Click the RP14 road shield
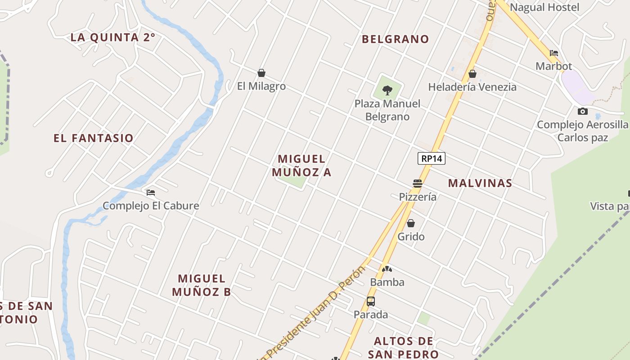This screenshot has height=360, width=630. pyautogui.click(x=431, y=158)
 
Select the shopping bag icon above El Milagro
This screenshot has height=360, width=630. pyautogui.click(x=261, y=73)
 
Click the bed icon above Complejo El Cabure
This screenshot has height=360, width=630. pyautogui.click(x=151, y=193)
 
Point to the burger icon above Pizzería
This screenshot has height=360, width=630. pyautogui.click(x=418, y=184)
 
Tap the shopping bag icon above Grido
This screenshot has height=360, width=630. pyautogui.click(x=411, y=223)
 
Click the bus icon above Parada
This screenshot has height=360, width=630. pyautogui.click(x=371, y=301)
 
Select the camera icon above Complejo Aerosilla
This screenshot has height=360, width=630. pyautogui.click(x=583, y=111)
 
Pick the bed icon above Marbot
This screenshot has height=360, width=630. pyautogui.click(x=554, y=53)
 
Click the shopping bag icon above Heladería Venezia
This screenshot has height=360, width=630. pyautogui.click(x=472, y=74)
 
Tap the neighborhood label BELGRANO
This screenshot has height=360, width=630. pyautogui.click(x=396, y=39)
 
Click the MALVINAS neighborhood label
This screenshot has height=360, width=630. pyautogui.click(x=480, y=183)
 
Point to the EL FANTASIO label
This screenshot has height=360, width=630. pyautogui.click(x=94, y=138)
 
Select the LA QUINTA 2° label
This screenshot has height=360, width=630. pyautogui.click(x=113, y=37)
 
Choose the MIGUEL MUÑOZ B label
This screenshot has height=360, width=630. pyautogui.click(x=202, y=285)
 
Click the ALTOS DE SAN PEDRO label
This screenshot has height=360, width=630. pyautogui.click(x=403, y=347)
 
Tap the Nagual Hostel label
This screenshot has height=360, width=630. pyautogui.click(x=544, y=7)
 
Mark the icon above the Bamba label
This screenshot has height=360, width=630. pyautogui.click(x=387, y=269)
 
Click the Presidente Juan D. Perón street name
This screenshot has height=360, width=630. pyautogui.click(x=315, y=310)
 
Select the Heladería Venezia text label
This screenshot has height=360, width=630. pyautogui.click(x=472, y=87)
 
